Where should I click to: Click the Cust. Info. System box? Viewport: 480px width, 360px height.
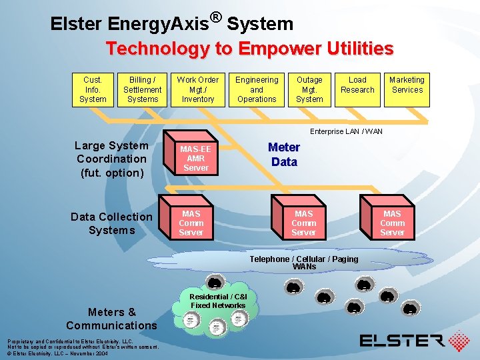click(93, 89)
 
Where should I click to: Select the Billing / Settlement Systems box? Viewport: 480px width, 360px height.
click(143, 89)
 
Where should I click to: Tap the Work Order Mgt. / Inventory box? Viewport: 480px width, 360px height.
click(198, 89)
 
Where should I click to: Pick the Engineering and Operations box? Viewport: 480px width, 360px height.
click(257, 89)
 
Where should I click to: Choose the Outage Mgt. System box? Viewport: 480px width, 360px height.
click(309, 89)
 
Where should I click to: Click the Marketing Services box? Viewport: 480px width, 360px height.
click(407, 89)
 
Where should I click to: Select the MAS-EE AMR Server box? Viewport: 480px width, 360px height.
click(196, 159)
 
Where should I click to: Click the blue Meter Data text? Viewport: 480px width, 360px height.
click(284, 154)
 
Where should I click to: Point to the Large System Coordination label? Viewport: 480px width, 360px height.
click(111, 159)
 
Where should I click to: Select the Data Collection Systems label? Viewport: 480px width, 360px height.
click(111, 223)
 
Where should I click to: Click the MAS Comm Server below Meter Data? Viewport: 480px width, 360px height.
click(303, 223)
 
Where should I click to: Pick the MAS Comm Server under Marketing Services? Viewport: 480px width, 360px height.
click(392, 223)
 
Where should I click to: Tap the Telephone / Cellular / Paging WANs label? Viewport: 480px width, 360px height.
click(303, 262)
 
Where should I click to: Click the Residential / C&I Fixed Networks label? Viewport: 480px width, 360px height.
click(218, 301)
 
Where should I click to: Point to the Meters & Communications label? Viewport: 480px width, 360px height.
click(111, 319)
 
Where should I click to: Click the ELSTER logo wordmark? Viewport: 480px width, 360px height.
click(402, 341)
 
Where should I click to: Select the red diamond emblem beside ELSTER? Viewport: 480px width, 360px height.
click(459, 341)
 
